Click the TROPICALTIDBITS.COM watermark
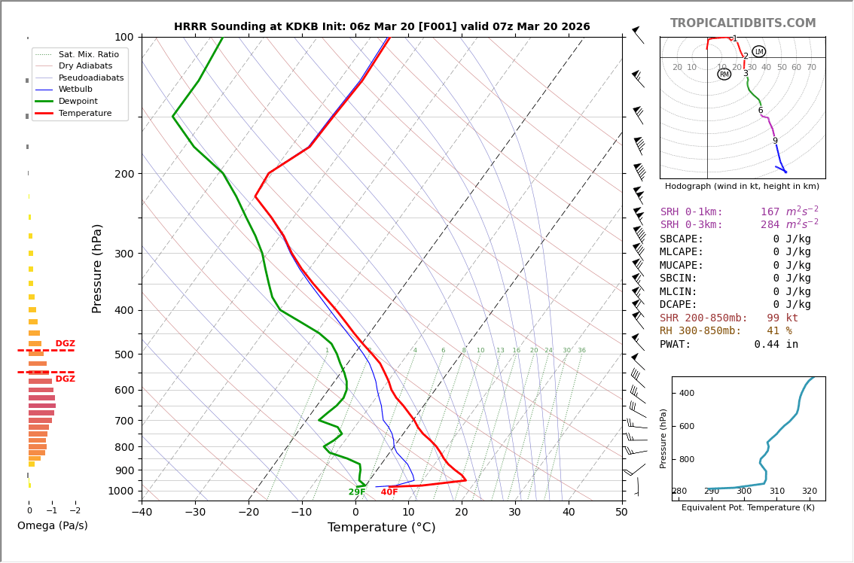point(743,23)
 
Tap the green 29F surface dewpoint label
point(357,492)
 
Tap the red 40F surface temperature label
point(389,492)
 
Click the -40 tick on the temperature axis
point(142,513)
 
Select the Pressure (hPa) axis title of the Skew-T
point(97,268)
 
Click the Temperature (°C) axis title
point(381,528)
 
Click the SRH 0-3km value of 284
point(770,225)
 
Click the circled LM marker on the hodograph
point(758,52)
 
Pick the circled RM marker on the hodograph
point(724,75)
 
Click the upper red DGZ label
point(66,344)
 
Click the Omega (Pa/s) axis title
point(52,526)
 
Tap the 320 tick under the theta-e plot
point(809,491)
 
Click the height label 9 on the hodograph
point(774,141)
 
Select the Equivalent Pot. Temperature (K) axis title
point(748,508)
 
